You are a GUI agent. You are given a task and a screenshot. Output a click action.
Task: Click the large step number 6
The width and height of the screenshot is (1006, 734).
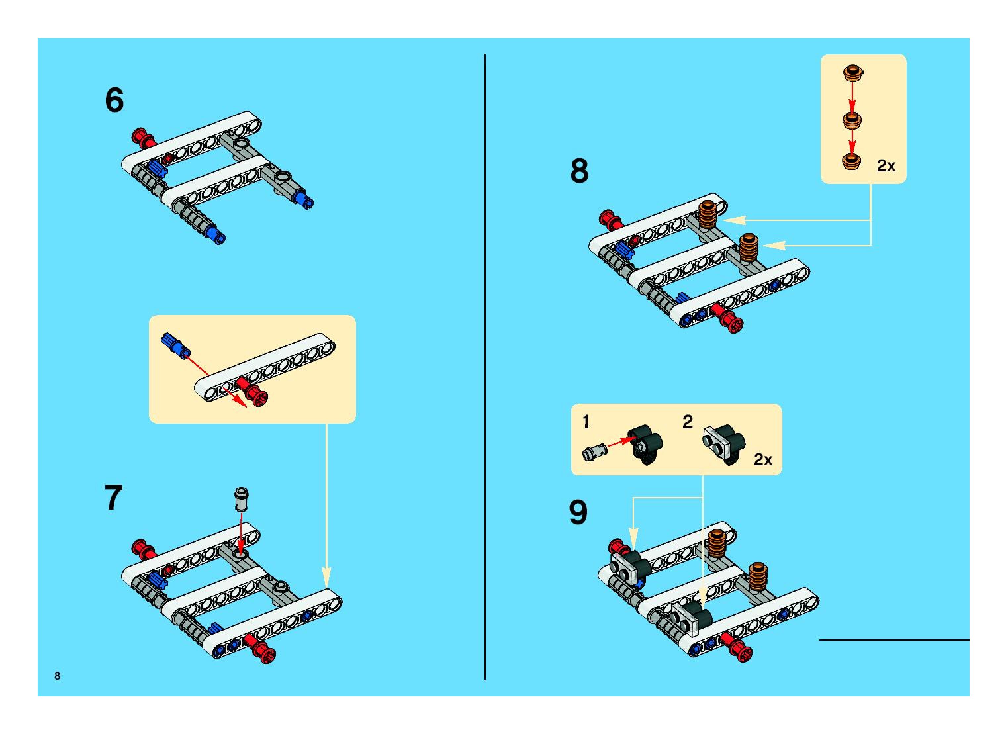point(114,100)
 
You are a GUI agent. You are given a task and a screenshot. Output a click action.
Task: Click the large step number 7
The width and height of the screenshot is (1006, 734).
point(113,498)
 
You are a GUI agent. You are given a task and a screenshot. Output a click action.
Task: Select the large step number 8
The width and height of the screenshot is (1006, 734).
point(579,171)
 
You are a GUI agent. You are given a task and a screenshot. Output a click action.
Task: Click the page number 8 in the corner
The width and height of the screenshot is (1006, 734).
point(57,676)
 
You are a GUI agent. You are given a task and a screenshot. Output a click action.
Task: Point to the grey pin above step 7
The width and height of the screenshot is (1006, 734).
point(241,499)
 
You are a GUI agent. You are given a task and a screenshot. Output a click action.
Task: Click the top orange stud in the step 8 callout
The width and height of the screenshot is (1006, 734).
point(852,73)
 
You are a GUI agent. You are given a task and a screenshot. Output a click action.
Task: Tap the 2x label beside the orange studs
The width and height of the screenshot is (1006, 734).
point(886,166)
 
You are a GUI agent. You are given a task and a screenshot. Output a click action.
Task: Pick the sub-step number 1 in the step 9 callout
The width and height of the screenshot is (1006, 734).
point(586,422)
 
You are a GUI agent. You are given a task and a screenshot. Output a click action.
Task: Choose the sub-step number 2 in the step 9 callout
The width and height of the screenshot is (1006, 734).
point(687,422)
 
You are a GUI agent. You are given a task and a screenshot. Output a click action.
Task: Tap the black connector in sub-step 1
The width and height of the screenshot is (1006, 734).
point(645,444)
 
